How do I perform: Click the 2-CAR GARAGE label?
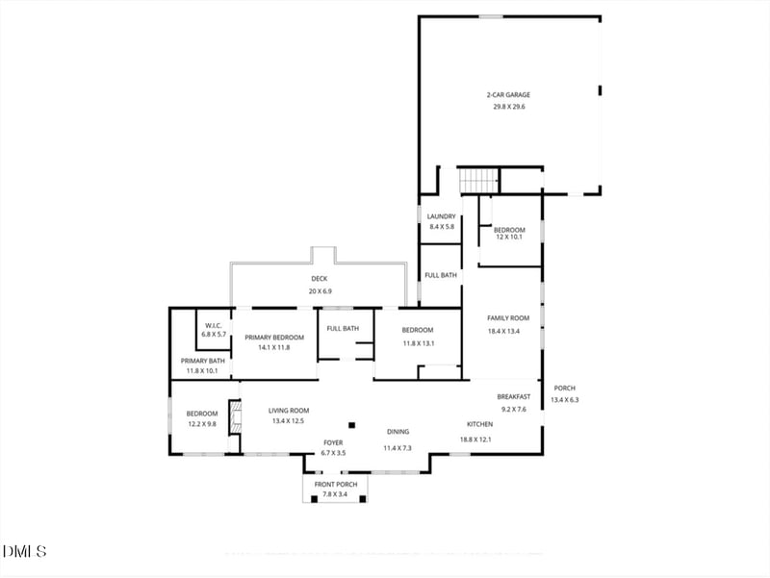click(508, 95)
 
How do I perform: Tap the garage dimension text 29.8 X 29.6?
click(508, 107)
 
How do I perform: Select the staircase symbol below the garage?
click(477, 180)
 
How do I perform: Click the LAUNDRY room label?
click(441, 216)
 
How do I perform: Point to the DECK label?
click(319, 279)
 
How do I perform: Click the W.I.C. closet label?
click(213, 325)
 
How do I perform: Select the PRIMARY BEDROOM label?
click(274, 338)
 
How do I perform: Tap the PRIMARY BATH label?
click(202, 361)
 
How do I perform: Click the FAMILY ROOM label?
click(508, 318)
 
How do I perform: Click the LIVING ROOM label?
click(289, 411)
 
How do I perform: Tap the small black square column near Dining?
click(352, 424)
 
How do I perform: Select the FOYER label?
click(333, 442)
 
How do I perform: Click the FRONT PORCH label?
click(336, 484)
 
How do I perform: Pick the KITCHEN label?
click(480, 424)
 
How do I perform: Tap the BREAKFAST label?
click(514, 396)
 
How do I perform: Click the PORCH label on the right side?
click(564, 389)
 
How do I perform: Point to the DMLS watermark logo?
click(24, 551)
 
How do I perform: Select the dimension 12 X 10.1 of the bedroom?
click(509, 237)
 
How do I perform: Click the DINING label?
click(398, 432)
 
